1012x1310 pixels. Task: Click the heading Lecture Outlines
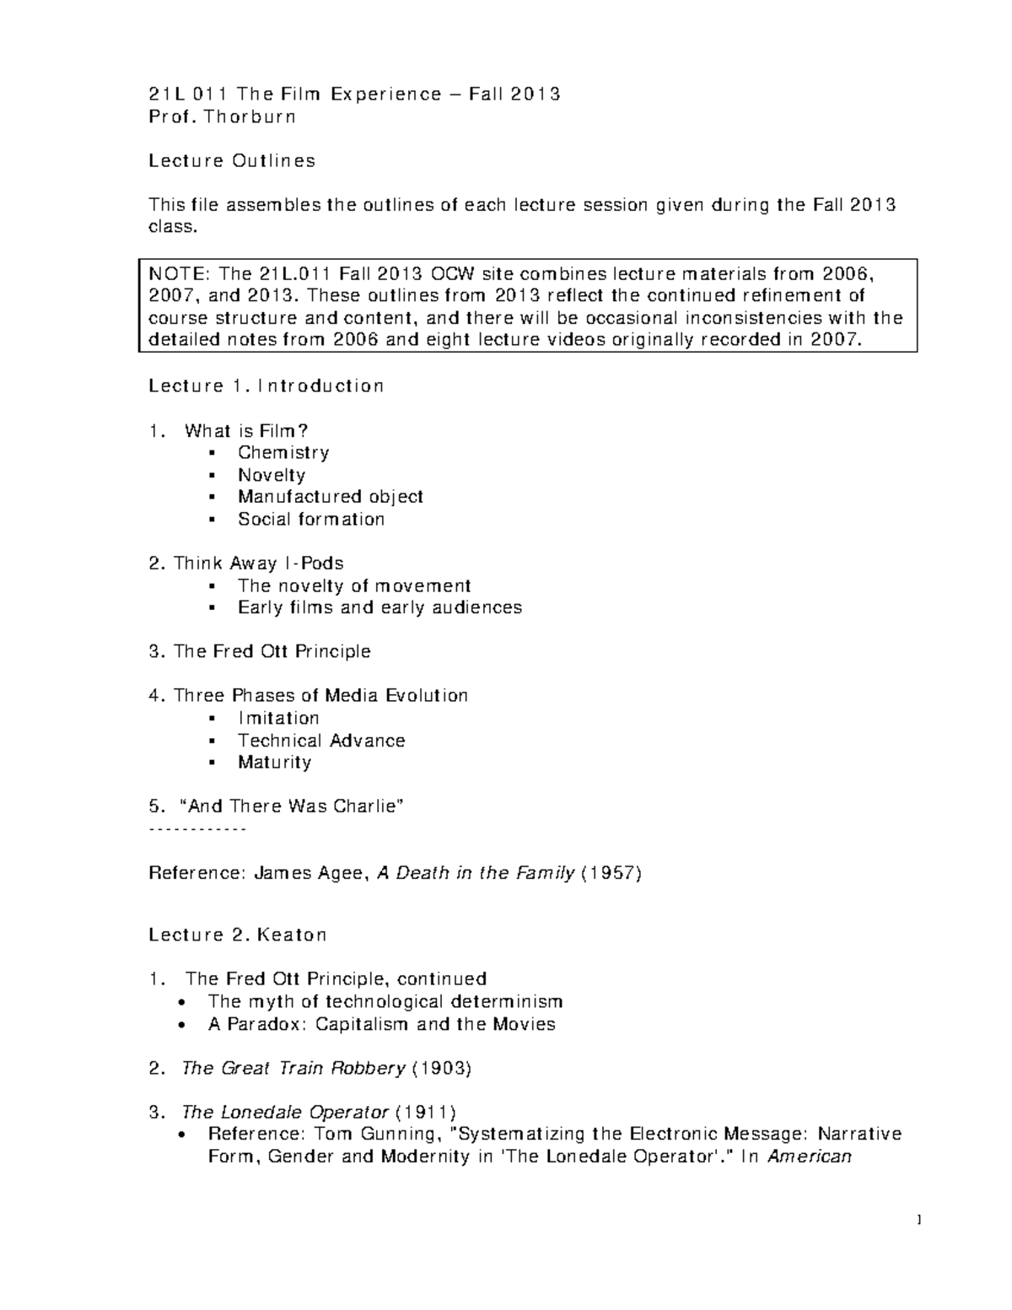(x=232, y=160)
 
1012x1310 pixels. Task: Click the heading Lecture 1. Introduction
(x=266, y=385)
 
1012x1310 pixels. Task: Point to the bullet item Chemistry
(x=283, y=453)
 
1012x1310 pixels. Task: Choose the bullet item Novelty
(x=272, y=475)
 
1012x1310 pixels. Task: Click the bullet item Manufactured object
(x=330, y=497)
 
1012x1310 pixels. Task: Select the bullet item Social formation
(x=310, y=519)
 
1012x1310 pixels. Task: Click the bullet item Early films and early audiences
(x=379, y=607)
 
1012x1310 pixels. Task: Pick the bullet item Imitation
(x=278, y=718)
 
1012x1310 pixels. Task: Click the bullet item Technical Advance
(x=321, y=740)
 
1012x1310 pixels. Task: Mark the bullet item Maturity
(x=274, y=762)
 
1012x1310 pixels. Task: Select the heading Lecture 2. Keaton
(x=237, y=935)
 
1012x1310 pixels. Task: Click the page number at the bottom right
(x=918, y=1221)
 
